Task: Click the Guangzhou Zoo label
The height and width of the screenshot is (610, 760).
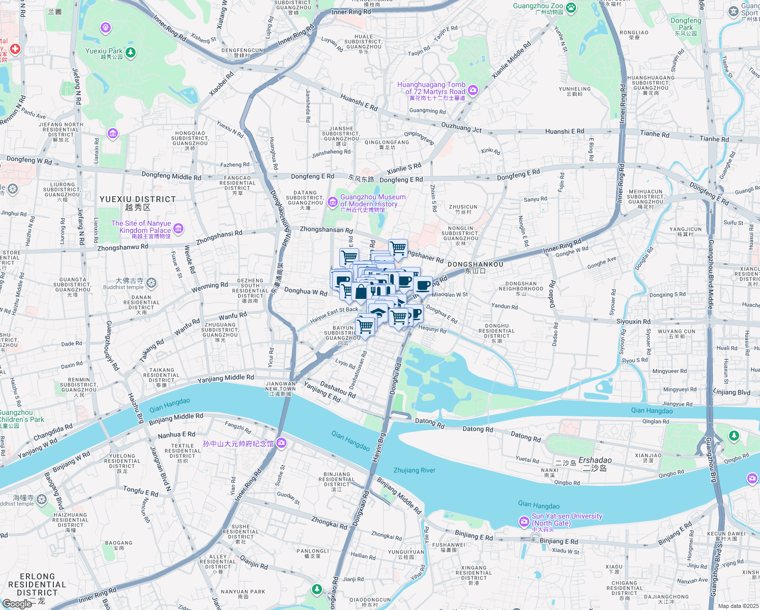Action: click(x=538, y=6)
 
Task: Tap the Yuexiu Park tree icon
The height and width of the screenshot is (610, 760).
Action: click(x=131, y=52)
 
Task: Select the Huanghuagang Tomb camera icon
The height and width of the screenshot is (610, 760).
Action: click(x=473, y=90)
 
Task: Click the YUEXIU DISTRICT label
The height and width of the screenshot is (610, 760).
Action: click(x=138, y=199)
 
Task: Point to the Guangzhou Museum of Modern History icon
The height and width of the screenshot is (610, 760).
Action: click(x=333, y=202)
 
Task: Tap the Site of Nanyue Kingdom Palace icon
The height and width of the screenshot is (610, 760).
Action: click(x=178, y=229)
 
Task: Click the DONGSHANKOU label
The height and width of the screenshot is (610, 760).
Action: click(x=475, y=264)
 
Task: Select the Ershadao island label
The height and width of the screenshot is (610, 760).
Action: click(x=595, y=461)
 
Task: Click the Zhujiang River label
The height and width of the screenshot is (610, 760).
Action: click(x=414, y=470)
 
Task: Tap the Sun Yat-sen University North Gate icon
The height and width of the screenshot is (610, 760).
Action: click(x=524, y=522)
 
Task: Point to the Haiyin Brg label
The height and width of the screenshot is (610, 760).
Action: click(x=378, y=447)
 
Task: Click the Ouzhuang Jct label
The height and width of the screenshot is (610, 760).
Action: click(x=461, y=127)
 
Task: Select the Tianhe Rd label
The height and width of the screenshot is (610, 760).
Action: click(x=654, y=134)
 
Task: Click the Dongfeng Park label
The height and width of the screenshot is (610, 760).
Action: click(x=685, y=24)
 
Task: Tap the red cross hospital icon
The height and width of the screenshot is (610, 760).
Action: click(x=15, y=49)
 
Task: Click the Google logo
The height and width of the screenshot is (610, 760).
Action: click(x=17, y=603)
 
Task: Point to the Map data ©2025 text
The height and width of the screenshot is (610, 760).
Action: click(x=738, y=606)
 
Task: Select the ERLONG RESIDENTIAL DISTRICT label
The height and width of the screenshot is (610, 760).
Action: click(x=37, y=585)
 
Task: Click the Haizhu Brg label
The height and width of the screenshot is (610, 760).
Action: click(x=136, y=408)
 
